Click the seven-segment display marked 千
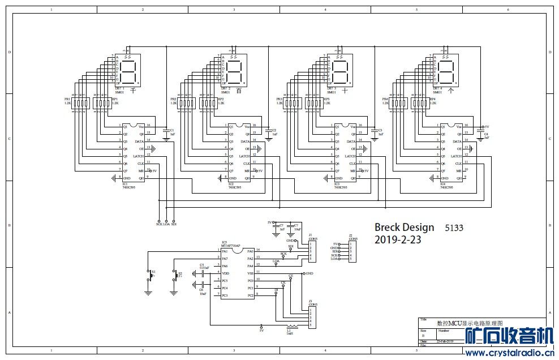click(x=129, y=71)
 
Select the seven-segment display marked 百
click(x=235, y=71)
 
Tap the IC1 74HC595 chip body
click(x=134, y=152)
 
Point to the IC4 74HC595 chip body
click(x=451, y=152)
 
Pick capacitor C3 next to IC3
click(x=374, y=132)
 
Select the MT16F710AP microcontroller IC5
click(x=238, y=273)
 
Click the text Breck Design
click(x=404, y=228)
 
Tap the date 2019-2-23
click(x=398, y=240)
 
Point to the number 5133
click(x=454, y=228)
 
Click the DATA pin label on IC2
click(x=244, y=141)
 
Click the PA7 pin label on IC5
click(x=225, y=259)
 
